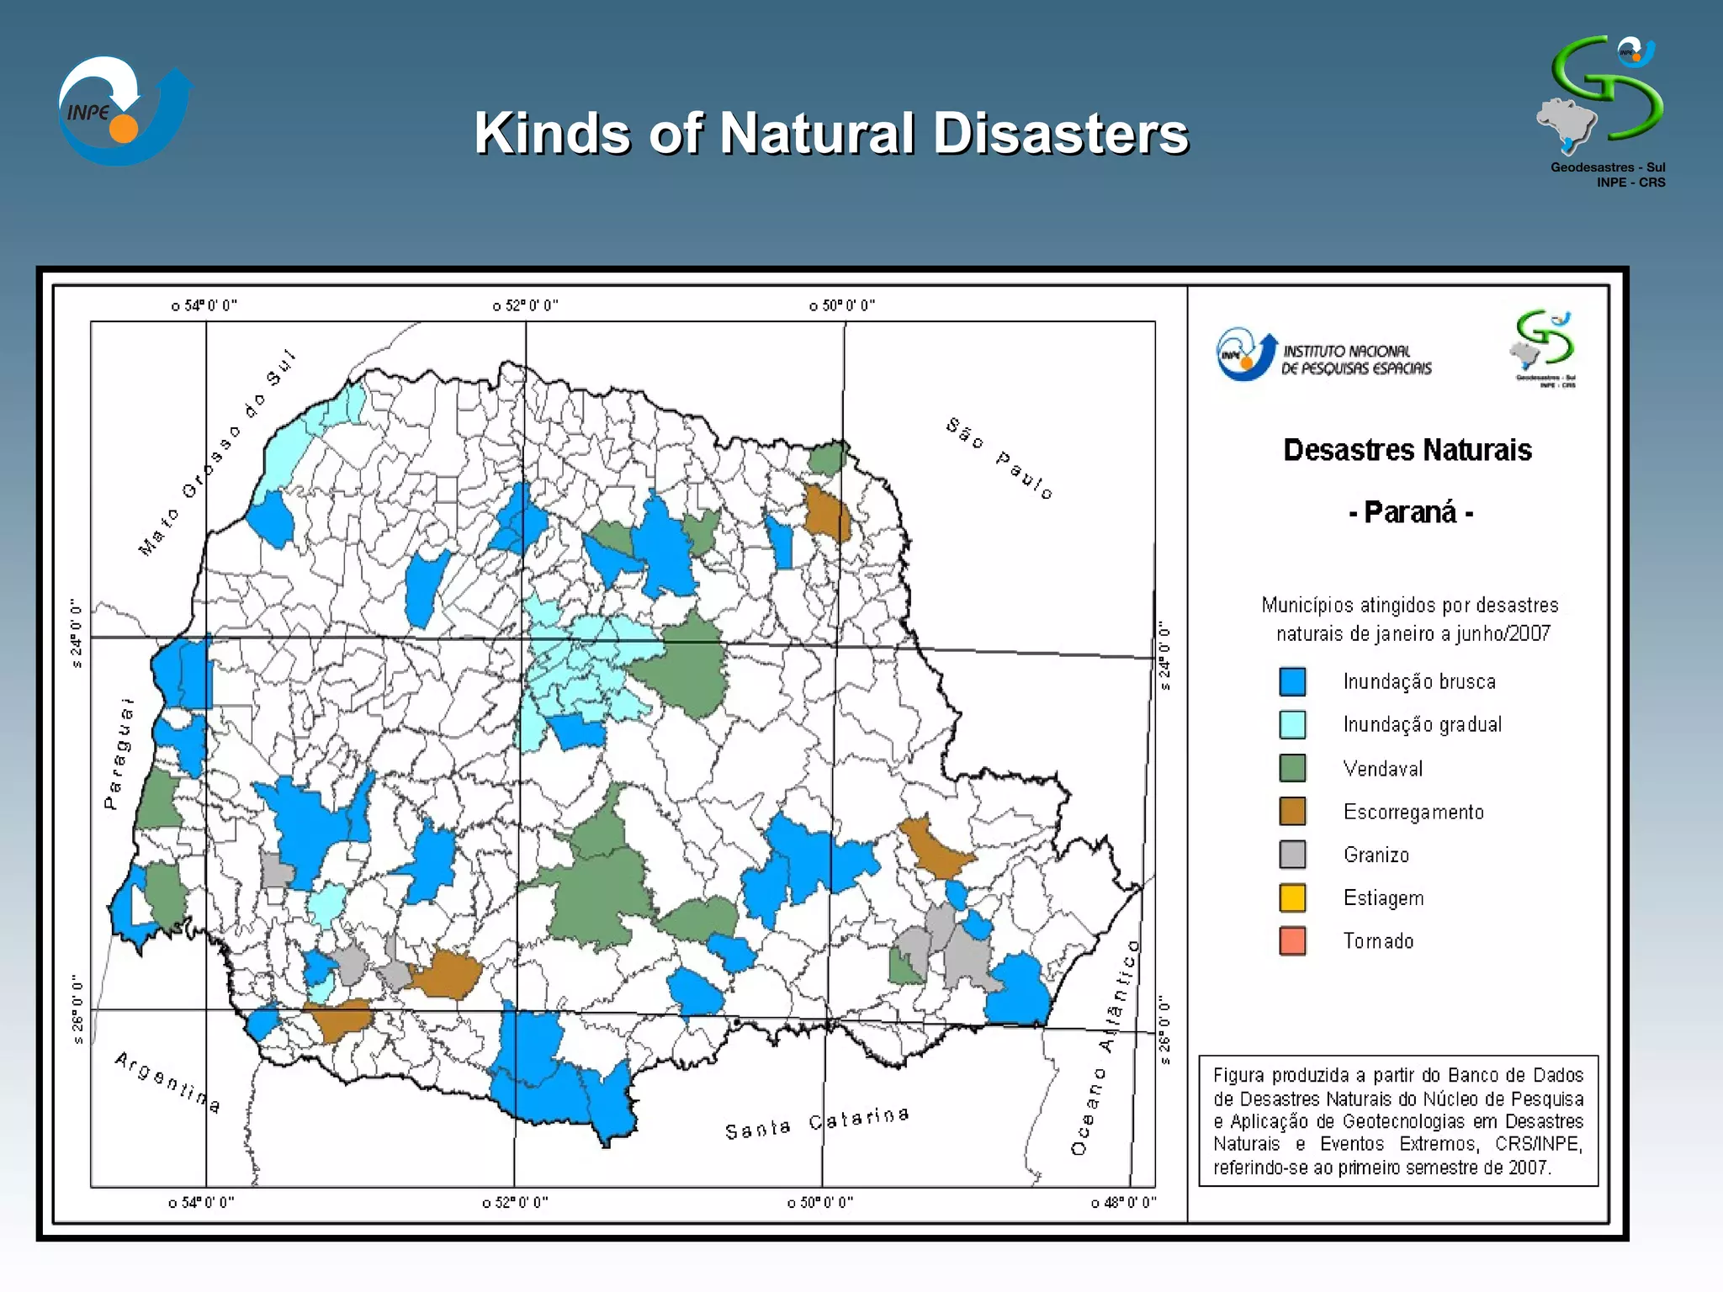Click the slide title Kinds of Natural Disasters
pyautogui.click(x=830, y=134)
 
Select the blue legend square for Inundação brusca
pyautogui.click(x=1292, y=681)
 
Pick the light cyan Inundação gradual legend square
pyautogui.click(x=1292, y=724)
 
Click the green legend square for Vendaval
pyautogui.click(x=1292, y=768)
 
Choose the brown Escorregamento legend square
pyautogui.click(x=1292, y=812)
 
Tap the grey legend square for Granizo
pyautogui.click(x=1292, y=855)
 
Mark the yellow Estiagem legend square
pyautogui.click(x=1292, y=898)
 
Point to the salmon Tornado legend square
pyautogui.click(x=1292, y=940)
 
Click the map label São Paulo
pyautogui.click(x=999, y=458)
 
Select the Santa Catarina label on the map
pyautogui.click(x=817, y=1123)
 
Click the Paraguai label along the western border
pyautogui.click(x=119, y=754)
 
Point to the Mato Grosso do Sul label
pyautogui.click(x=216, y=453)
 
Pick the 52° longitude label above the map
pyautogui.click(x=526, y=305)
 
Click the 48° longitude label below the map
pyautogui.click(x=1124, y=1203)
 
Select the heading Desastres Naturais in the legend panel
pyautogui.click(x=1407, y=450)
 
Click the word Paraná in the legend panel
pyautogui.click(x=1410, y=512)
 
